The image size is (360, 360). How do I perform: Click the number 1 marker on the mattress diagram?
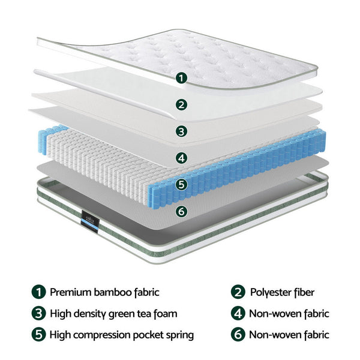click(x=181, y=78)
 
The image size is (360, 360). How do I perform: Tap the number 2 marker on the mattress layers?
click(x=181, y=104)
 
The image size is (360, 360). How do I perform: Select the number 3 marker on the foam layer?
click(x=181, y=131)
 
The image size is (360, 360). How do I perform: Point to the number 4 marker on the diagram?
click(x=181, y=158)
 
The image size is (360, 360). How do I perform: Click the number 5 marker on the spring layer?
click(x=181, y=185)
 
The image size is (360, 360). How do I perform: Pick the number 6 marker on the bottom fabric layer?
click(x=181, y=211)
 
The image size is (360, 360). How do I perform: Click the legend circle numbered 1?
click(x=38, y=293)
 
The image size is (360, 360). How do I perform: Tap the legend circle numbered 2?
click(x=238, y=293)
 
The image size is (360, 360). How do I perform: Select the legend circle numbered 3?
click(x=38, y=313)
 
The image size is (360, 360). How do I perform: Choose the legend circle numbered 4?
click(x=238, y=313)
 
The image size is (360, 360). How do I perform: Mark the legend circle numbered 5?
click(x=38, y=334)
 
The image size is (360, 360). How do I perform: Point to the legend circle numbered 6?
click(x=238, y=334)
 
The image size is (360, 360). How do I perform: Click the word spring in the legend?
click(x=179, y=335)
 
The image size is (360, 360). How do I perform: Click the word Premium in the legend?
click(x=70, y=293)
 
